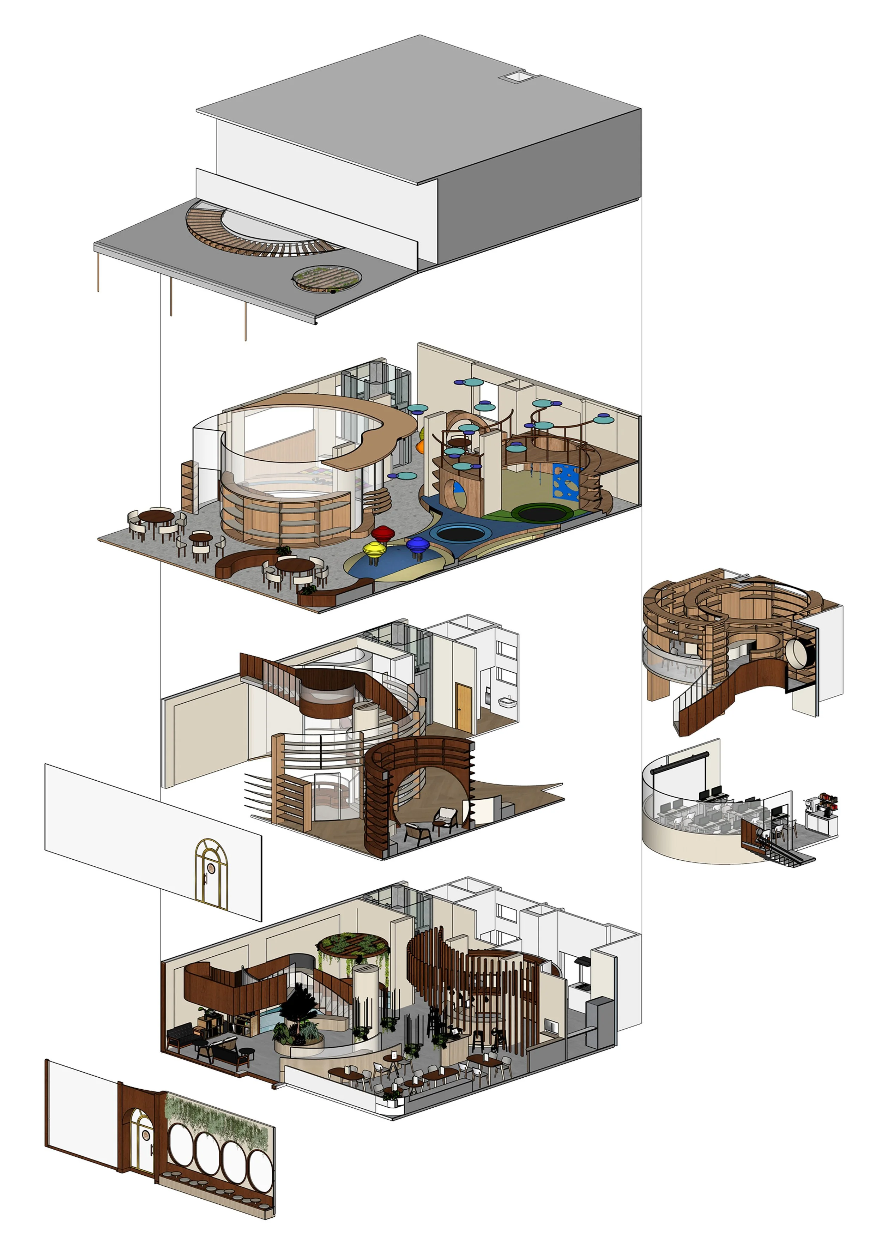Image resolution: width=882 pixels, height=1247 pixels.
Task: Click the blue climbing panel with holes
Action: (567, 481)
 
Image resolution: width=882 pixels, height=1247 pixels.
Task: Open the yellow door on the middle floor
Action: (463, 707)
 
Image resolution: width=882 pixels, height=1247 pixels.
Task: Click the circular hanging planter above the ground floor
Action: (353, 944)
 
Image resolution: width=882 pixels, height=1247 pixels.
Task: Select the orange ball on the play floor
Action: (421, 447)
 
